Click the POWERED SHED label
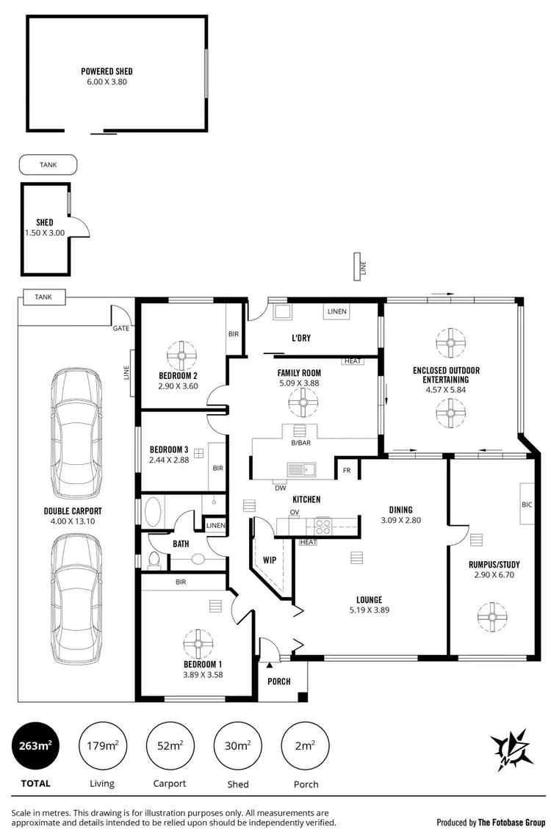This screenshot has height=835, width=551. (107, 72)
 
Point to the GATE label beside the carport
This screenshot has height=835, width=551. (120, 328)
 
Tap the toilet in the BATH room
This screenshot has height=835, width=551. (154, 560)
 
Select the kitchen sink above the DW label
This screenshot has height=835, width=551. (301, 470)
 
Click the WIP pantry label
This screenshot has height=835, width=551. (268, 560)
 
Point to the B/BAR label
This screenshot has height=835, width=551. (300, 444)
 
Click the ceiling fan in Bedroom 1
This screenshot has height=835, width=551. (198, 643)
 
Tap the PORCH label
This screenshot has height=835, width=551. (278, 682)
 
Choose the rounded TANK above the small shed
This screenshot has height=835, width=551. (47, 165)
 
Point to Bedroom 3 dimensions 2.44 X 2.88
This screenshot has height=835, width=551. (170, 460)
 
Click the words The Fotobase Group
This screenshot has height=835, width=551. (513, 823)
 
